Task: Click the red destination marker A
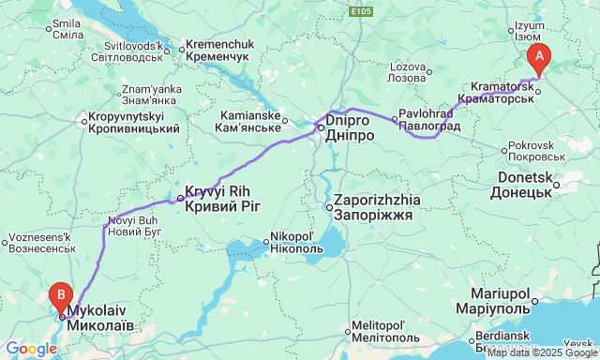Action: (539, 56)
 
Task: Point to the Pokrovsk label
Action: (537, 152)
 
